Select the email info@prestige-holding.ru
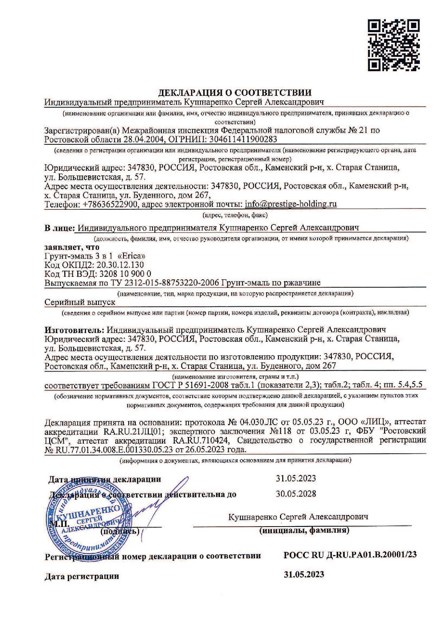point(291,204)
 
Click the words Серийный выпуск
point(79,302)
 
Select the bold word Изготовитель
point(74,330)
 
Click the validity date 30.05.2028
point(296,494)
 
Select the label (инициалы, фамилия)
point(304,531)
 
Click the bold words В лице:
point(59,228)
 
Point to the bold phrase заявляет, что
point(71,247)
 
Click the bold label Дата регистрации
point(82,576)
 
